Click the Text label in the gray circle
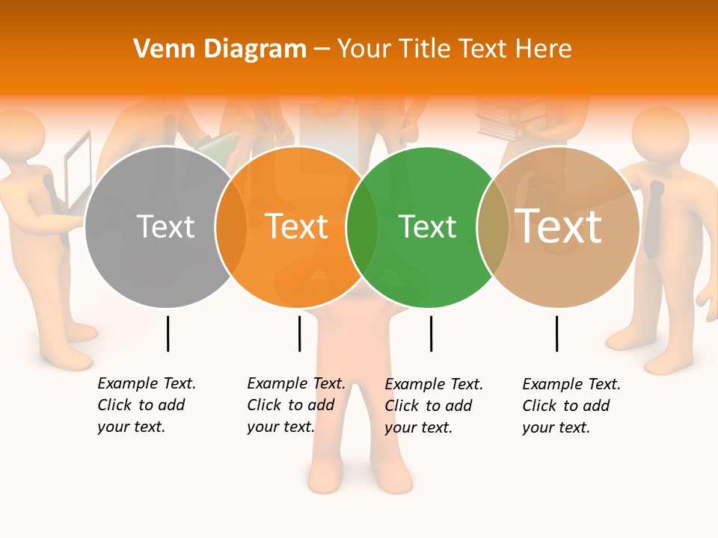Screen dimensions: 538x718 coord(166,226)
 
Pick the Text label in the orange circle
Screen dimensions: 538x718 coord(296,226)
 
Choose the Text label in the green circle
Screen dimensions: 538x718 coord(427,226)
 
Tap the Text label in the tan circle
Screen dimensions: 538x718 coord(558,226)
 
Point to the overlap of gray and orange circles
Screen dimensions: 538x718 coord(231,227)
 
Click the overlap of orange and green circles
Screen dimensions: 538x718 coord(362,227)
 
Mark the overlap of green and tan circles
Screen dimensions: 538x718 coord(493,227)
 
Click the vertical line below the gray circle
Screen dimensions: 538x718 coord(168,333)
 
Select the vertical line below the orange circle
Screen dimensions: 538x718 coord(299,333)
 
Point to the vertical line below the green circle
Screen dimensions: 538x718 coord(431,333)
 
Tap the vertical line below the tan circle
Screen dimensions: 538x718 coord(556,333)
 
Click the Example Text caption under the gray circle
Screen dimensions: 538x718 coord(146,405)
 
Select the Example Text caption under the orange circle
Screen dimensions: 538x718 coord(295,405)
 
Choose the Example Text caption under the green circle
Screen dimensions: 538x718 coord(433,406)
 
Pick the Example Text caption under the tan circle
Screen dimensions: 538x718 coord(571,406)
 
